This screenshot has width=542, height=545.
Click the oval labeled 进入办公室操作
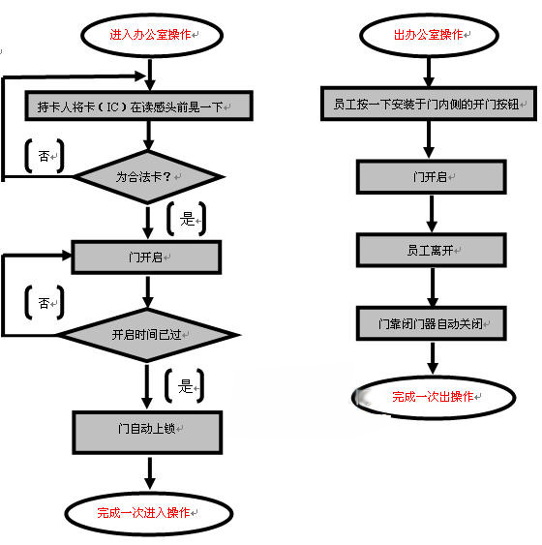[x=152, y=35]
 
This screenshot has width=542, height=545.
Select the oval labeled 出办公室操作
[x=430, y=35]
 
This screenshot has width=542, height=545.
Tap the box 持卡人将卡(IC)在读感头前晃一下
[x=139, y=106]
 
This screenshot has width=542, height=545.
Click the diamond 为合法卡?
[x=149, y=177]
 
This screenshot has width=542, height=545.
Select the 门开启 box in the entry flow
[x=146, y=257]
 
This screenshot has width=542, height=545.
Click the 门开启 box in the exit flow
[x=432, y=177]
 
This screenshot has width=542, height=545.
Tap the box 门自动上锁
[x=147, y=433]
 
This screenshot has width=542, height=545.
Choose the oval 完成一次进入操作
[x=149, y=513]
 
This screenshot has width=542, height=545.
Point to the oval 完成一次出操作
[x=434, y=397]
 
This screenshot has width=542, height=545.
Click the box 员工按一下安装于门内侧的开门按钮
[x=429, y=104]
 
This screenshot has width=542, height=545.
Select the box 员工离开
[x=432, y=251]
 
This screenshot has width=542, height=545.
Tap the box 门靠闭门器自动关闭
[x=432, y=323]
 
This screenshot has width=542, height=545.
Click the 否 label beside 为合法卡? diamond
[x=44, y=156]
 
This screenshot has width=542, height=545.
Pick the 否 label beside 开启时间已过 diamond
[x=44, y=303]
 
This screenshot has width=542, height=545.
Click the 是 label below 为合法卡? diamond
[x=187, y=219]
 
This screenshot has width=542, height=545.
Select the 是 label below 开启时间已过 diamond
[x=185, y=386]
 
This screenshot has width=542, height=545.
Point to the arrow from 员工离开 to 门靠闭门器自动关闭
[x=433, y=288]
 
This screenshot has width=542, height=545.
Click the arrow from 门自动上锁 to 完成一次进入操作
[x=150, y=473]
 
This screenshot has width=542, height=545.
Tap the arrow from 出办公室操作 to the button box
[x=429, y=72]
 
